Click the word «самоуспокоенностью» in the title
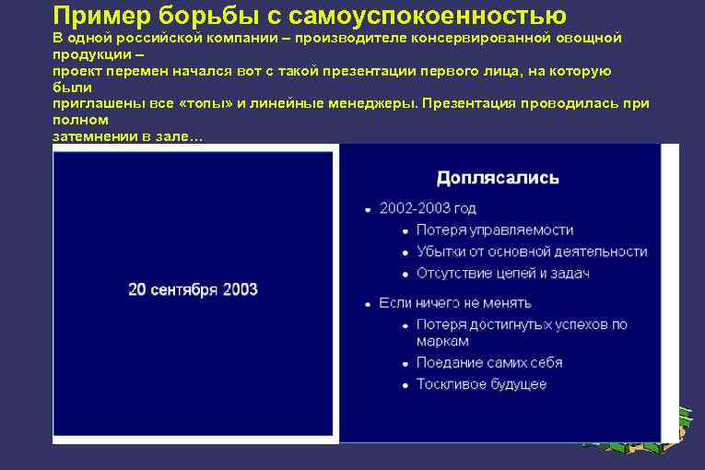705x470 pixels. click(429, 16)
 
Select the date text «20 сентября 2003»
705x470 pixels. click(193, 289)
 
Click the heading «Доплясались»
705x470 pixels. click(498, 177)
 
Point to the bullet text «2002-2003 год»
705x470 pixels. click(428, 209)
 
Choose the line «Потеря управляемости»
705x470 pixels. click(495, 229)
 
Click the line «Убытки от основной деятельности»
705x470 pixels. click(532, 251)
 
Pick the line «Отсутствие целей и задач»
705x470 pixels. click(502, 273)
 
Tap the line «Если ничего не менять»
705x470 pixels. click(455, 302)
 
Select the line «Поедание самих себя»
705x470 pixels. click(489, 362)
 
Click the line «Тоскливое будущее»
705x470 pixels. click(481, 383)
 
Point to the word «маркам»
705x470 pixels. click(442, 341)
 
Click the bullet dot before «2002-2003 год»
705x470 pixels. click(369, 210)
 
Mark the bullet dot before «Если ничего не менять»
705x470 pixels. click(369, 303)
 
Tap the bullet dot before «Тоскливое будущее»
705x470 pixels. click(406, 384)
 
